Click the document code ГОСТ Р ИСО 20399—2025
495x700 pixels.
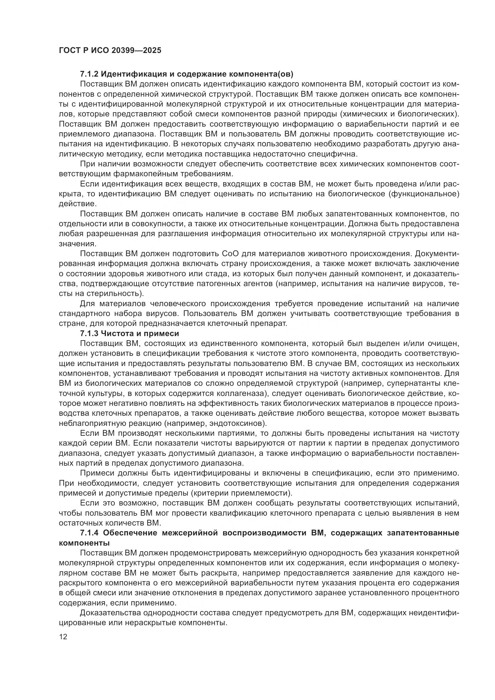[x=110, y=50]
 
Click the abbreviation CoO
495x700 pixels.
[x=232, y=254]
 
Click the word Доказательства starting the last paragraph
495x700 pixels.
[x=109, y=613]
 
